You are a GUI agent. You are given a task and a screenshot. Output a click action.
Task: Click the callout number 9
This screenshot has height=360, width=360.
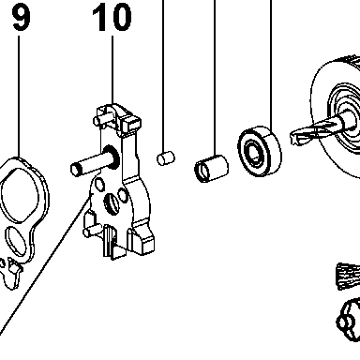point(22,18)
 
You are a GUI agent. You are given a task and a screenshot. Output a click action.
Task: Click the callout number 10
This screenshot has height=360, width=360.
point(112,18)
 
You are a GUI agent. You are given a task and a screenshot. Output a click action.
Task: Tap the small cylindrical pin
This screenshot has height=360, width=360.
point(166,157)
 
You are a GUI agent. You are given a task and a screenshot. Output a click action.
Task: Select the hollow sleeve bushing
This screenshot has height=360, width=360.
point(211,169)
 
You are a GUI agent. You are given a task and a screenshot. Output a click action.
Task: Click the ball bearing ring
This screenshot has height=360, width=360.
point(260,152)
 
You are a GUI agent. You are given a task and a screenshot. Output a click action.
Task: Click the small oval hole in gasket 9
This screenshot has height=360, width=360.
point(15,240)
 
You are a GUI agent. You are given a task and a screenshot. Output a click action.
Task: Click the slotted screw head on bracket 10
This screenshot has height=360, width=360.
point(112,204)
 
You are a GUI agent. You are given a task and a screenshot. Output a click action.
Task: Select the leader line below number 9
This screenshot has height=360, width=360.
point(19,97)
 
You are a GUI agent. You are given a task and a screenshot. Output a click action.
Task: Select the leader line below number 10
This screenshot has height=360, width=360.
point(112,69)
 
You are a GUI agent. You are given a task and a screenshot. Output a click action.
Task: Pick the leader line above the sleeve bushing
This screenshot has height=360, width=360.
point(215,78)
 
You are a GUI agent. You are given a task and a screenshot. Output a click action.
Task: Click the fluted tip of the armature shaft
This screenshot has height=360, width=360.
point(309,133)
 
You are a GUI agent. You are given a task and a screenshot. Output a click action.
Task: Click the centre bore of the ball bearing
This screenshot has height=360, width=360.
point(254,153)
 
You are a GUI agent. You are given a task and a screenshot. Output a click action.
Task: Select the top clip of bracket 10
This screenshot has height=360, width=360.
point(116,120)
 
